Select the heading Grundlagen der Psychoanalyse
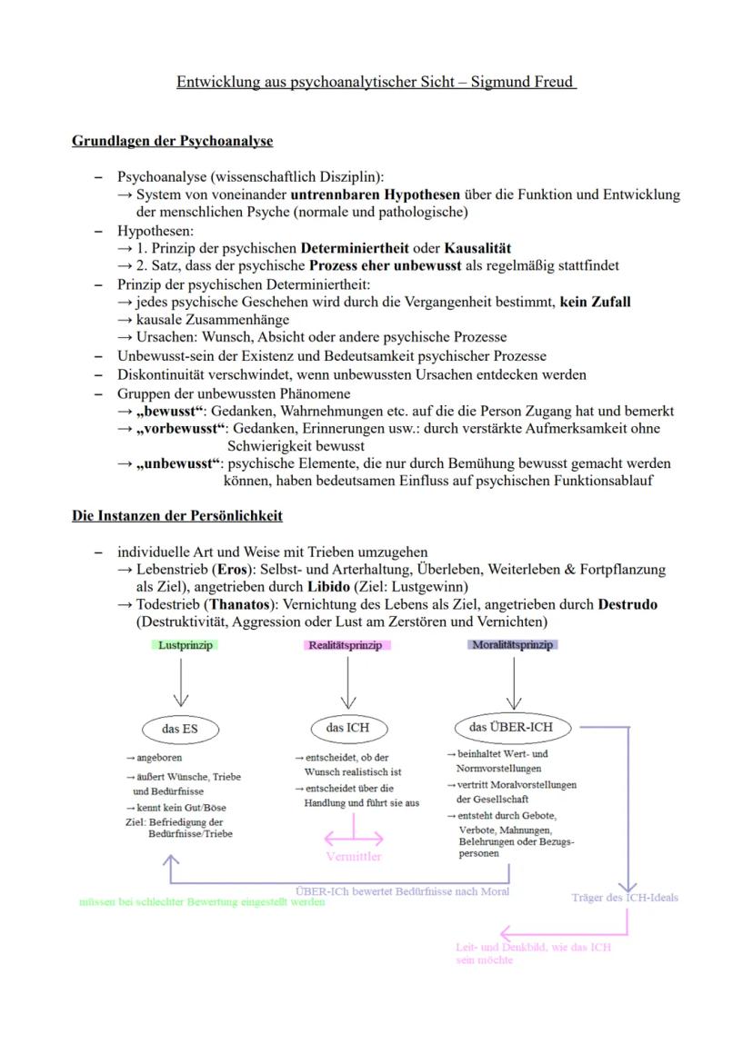(x=173, y=142)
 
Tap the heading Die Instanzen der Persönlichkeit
(x=177, y=516)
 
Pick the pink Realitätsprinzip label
(x=347, y=645)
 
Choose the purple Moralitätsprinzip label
(x=513, y=645)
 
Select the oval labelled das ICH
(x=347, y=728)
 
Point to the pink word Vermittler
(x=354, y=857)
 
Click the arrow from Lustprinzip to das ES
(x=182, y=681)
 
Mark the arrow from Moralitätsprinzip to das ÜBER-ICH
(x=515, y=681)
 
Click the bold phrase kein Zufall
(x=596, y=302)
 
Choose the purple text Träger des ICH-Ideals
(x=625, y=898)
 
